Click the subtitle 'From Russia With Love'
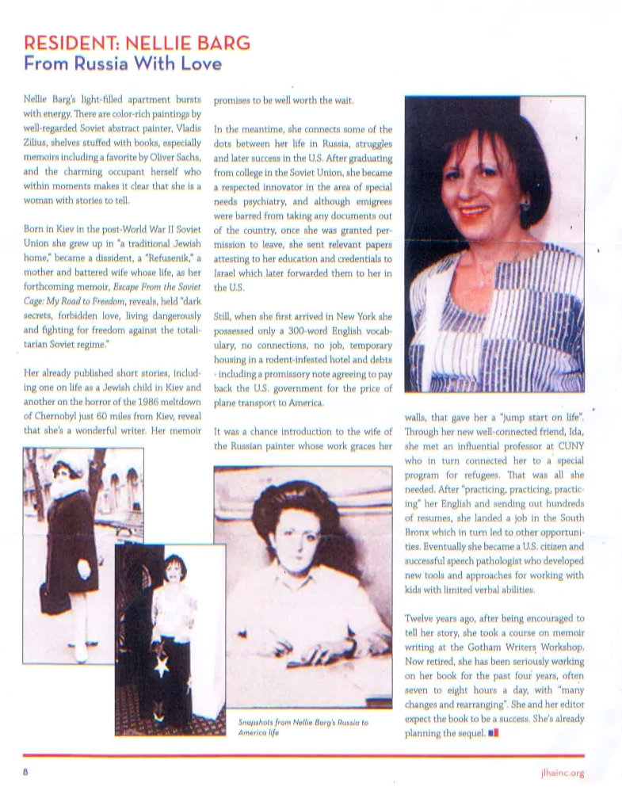(x=123, y=63)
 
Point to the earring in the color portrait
(x=525, y=204)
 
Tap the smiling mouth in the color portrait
(x=474, y=212)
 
